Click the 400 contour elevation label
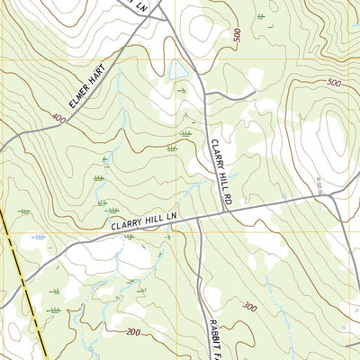(59, 118)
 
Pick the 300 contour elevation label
(248, 308)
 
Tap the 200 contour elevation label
(134, 332)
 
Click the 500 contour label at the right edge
(334, 83)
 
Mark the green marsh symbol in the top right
(261, 16)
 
